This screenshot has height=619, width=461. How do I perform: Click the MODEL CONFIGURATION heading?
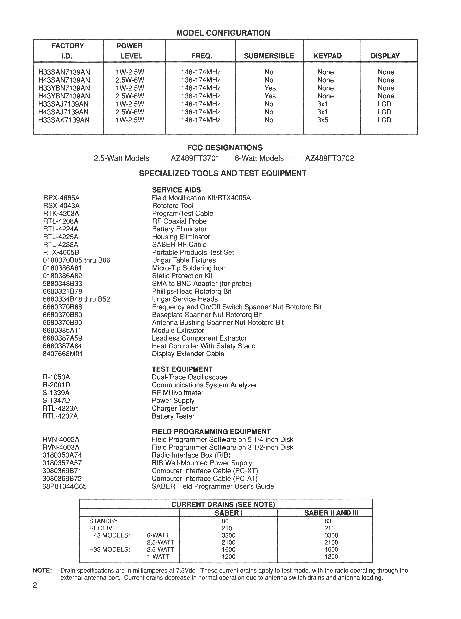[223, 33]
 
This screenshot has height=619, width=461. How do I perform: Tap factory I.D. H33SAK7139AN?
[64, 120]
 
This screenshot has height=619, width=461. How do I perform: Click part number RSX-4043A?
[61, 206]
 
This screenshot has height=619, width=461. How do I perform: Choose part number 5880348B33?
[63, 284]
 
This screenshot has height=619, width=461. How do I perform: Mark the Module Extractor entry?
[178, 331]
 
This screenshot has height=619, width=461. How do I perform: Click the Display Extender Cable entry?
[188, 354]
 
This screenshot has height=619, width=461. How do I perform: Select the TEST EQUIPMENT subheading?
[182, 369]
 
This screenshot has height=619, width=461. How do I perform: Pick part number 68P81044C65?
[64, 486]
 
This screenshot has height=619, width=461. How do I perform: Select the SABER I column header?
[228, 513]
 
